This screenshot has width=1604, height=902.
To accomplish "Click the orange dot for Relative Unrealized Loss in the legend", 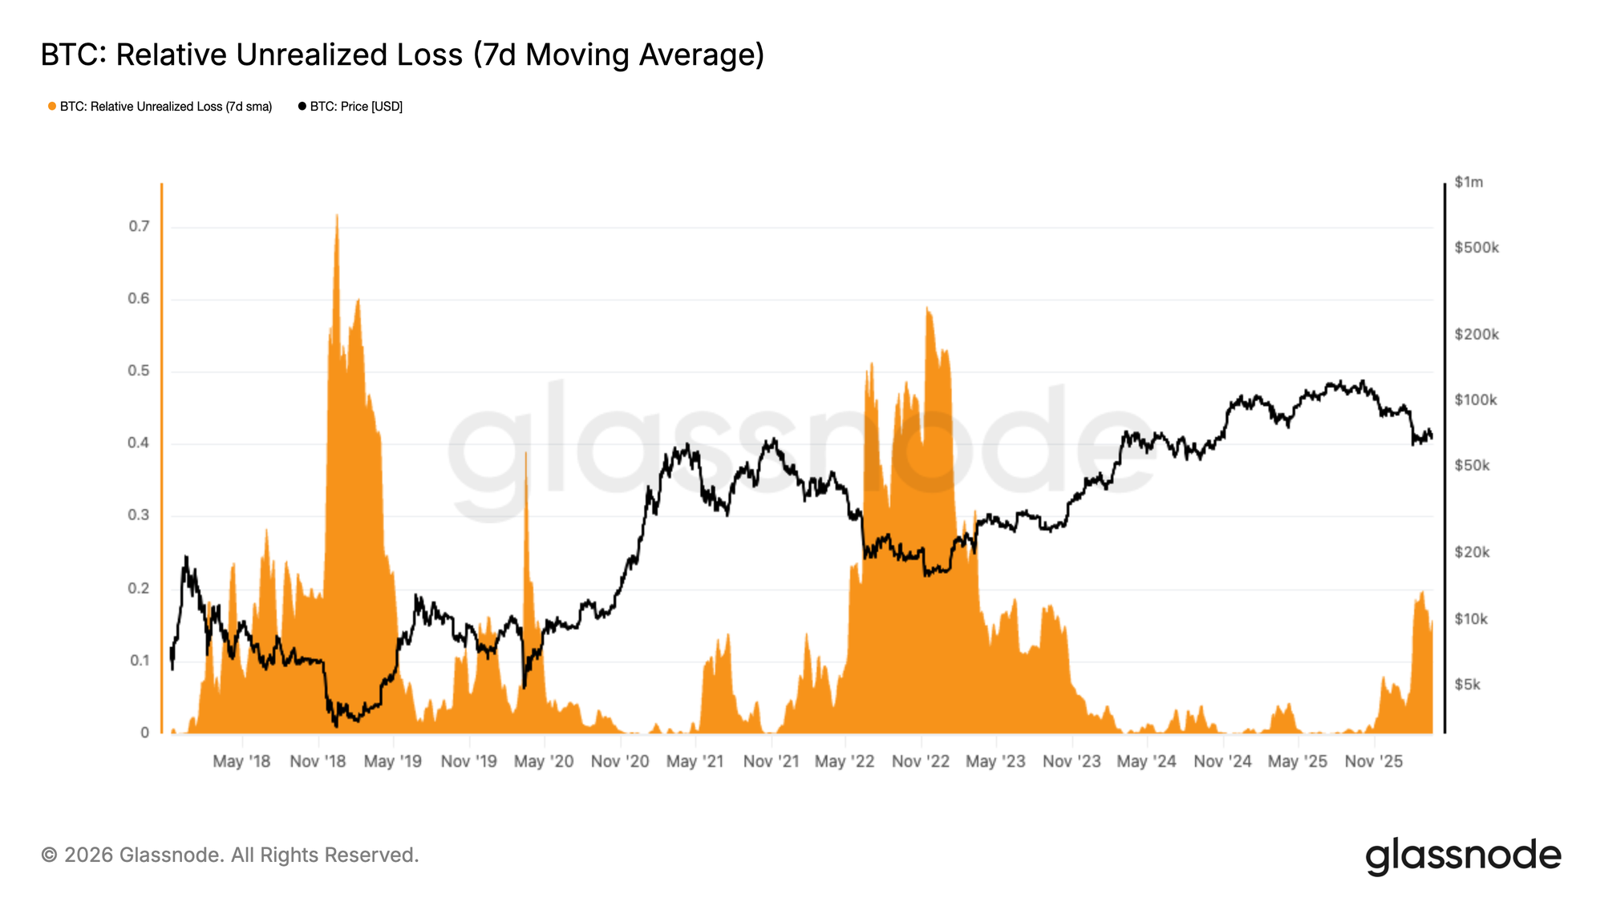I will pyautogui.click(x=52, y=107).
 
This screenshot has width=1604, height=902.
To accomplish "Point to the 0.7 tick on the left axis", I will pyautogui.click(x=140, y=226).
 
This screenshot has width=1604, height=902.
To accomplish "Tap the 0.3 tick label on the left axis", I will pyautogui.click(x=140, y=515).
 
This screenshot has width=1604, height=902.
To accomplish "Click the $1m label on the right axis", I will pyautogui.click(x=1468, y=182).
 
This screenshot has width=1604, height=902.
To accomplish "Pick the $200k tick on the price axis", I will pyautogui.click(x=1476, y=334).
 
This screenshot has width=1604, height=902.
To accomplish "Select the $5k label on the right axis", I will pyautogui.click(x=1468, y=685).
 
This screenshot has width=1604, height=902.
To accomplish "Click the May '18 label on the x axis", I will pyautogui.click(x=241, y=761).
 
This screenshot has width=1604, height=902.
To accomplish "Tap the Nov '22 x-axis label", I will pyautogui.click(x=921, y=761).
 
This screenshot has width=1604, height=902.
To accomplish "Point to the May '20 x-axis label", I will pyautogui.click(x=544, y=761).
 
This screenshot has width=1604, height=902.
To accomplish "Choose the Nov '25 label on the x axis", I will pyautogui.click(x=1374, y=761).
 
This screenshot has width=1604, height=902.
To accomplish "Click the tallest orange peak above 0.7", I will pyautogui.click(x=337, y=216).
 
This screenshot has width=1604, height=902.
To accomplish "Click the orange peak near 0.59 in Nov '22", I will pyautogui.click(x=927, y=309).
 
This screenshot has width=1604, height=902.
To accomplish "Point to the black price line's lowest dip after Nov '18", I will pyautogui.click(x=335, y=726).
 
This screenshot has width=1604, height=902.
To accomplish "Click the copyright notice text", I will pyautogui.click(x=230, y=855).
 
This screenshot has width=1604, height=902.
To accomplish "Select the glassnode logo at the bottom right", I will pyautogui.click(x=1463, y=855).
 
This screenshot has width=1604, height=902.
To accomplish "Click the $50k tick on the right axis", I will pyautogui.click(x=1472, y=466).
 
